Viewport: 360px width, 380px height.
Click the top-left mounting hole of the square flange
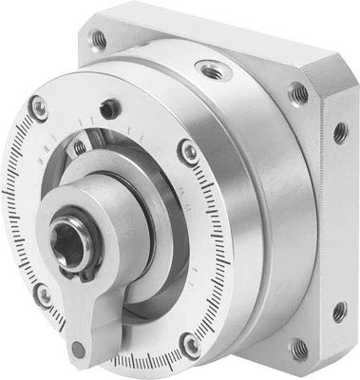pyautogui.click(x=96, y=39)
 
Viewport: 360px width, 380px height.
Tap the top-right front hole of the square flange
pyautogui.click(x=298, y=93)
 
